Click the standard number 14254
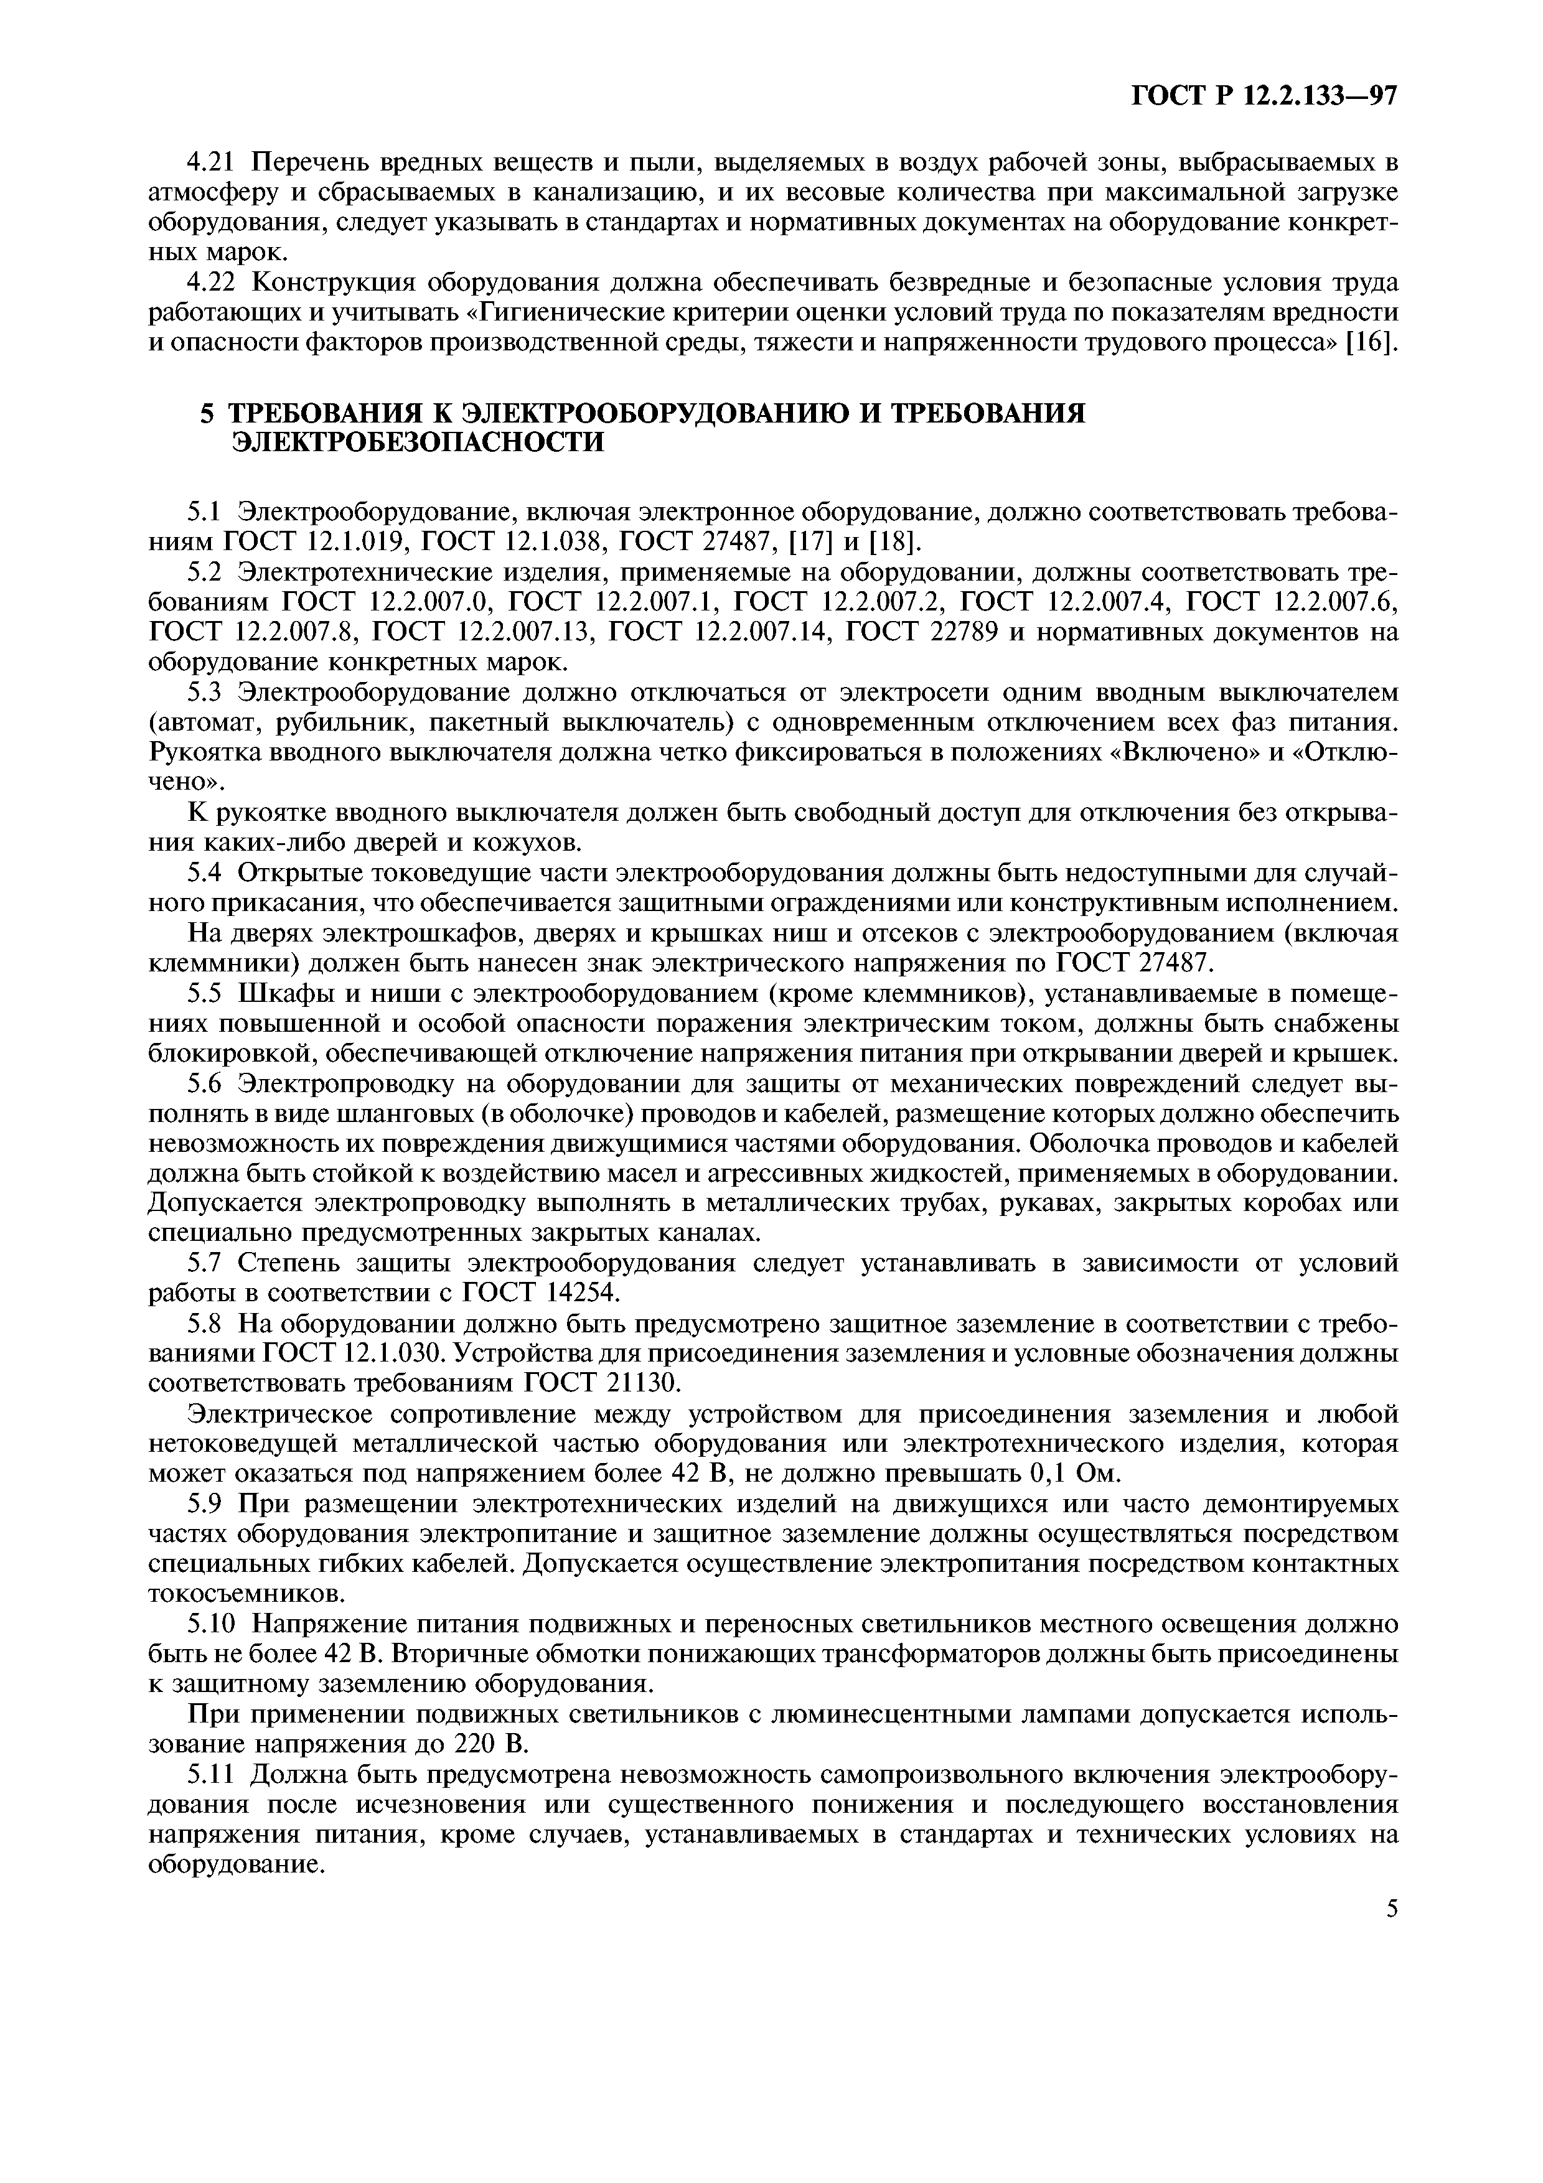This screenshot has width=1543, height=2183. [568, 1293]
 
